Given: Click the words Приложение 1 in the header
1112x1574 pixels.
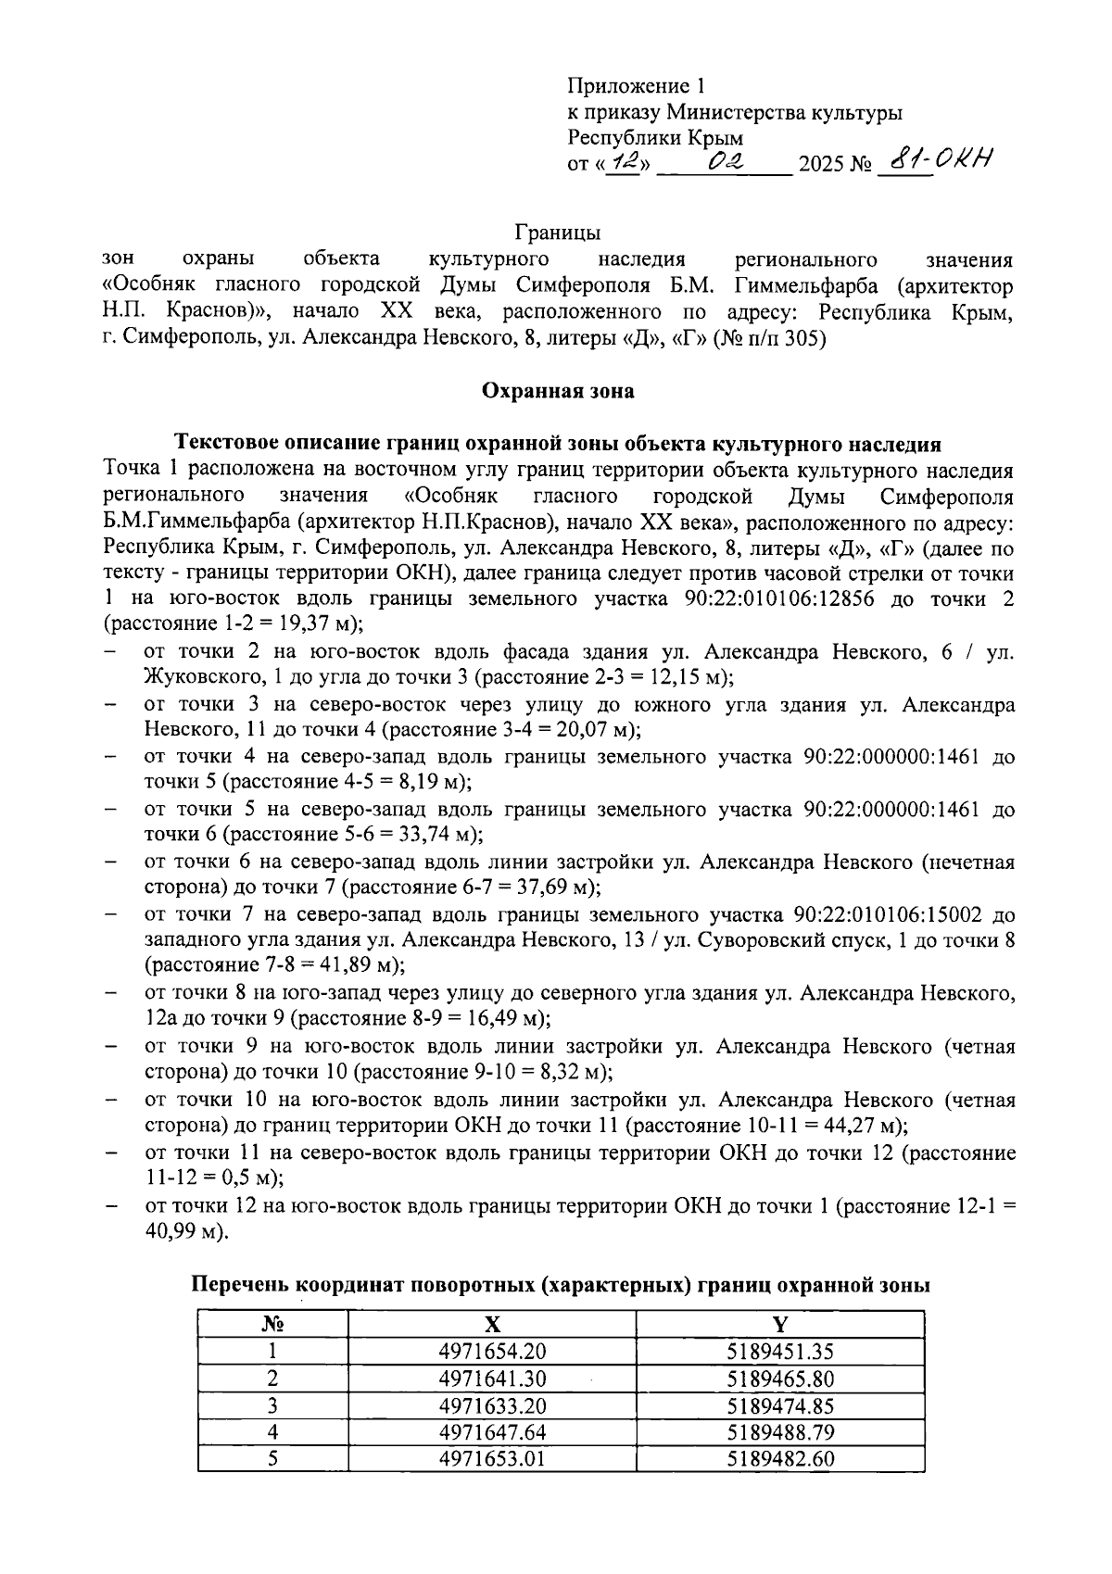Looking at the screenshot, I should [x=636, y=86].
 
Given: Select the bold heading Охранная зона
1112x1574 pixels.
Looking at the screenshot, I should [x=558, y=391].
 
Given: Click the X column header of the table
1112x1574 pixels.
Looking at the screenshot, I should [x=492, y=1324].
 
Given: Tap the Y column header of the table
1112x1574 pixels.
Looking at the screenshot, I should [x=780, y=1324].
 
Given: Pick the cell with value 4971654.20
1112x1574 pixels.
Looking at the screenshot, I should [x=492, y=1351].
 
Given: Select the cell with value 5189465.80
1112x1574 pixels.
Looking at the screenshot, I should [x=780, y=1378].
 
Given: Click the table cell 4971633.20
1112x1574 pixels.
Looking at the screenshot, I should [x=492, y=1404].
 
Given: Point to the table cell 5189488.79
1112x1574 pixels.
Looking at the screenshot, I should [x=780, y=1431].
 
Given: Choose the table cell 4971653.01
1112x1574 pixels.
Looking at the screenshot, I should [x=492, y=1458].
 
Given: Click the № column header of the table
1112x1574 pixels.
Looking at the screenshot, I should [x=272, y=1324].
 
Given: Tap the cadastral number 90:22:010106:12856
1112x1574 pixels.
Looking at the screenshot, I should [x=774, y=599].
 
